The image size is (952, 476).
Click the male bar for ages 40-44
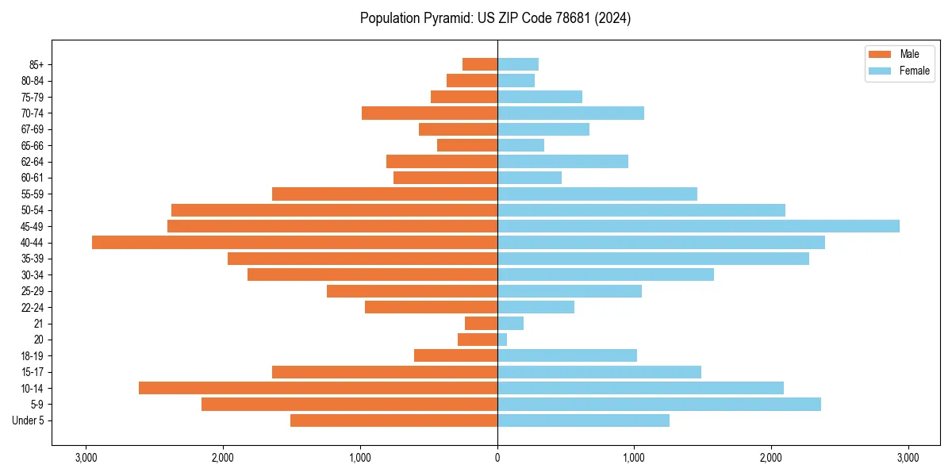pyautogui.click(x=294, y=243)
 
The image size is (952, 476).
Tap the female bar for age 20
pyautogui.click(x=502, y=340)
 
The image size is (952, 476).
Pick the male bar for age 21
pyautogui.click(x=481, y=324)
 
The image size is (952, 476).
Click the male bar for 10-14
pyautogui.click(x=318, y=388)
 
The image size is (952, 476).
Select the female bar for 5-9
pyautogui.click(x=658, y=404)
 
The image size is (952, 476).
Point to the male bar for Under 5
pyautogui.click(x=393, y=420)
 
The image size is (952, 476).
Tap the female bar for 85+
pyautogui.click(x=518, y=64)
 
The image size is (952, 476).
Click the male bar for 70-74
pyautogui.click(x=429, y=113)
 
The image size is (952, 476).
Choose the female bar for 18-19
pyautogui.click(x=567, y=355)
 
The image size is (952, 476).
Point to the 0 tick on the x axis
pyautogui.click(x=497, y=457)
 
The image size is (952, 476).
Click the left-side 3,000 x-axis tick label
pyautogui.click(x=86, y=457)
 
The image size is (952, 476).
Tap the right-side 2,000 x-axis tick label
pyautogui.click(x=771, y=457)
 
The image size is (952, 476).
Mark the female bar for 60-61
pyautogui.click(x=529, y=178)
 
